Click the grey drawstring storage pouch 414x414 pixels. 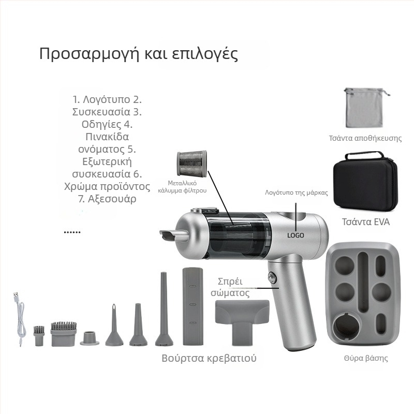[x=364, y=109]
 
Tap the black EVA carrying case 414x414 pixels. [x=365, y=182]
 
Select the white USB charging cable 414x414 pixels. [x=20, y=319]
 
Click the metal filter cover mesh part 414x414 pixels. [x=192, y=164]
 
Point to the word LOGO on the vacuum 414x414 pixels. [x=295, y=235]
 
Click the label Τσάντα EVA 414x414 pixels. [x=366, y=222]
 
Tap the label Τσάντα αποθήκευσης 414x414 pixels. [x=365, y=138]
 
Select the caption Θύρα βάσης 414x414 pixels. [x=366, y=358]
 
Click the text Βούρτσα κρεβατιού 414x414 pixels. [x=209, y=358]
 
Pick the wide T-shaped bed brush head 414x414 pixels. [x=242, y=321]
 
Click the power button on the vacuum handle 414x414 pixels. [x=272, y=278]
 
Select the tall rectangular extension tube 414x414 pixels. [x=193, y=306]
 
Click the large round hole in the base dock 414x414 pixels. [x=347, y=327]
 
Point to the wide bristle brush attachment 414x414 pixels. [x=64, y=333]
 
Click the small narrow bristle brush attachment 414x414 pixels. [x=39, y=336]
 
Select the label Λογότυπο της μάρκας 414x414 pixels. [x=297, y=193]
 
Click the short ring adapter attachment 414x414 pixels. [x=90, y=338]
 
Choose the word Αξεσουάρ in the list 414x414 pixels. [x=112, y=199]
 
